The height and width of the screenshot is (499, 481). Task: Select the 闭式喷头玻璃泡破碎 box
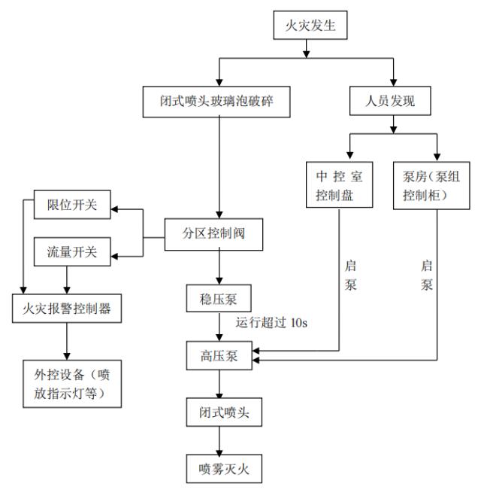coord(218,100)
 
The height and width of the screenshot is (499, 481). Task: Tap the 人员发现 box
coord(393,100)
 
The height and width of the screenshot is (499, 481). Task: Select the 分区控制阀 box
coord(216,233)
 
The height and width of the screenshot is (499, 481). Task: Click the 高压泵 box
coord(218,355)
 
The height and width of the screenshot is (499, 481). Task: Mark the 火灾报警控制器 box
coord(67,309)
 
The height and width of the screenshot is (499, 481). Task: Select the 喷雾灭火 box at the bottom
coord(219,470)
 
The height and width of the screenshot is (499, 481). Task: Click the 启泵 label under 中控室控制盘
coord(352,277)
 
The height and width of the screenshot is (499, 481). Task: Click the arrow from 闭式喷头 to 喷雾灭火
coord(219,440)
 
